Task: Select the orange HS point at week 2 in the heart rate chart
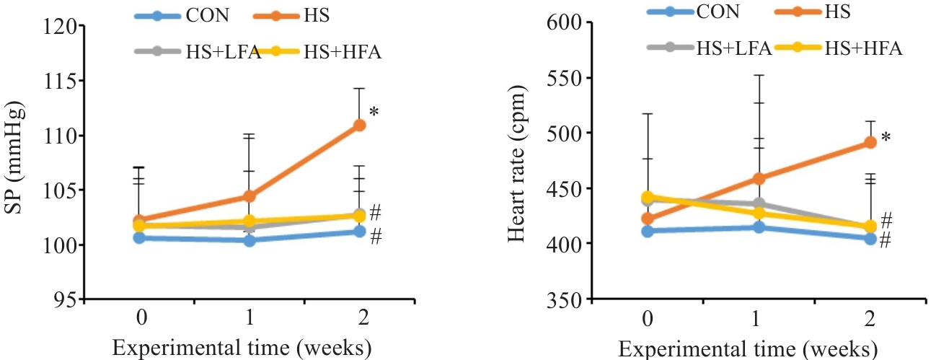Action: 870,142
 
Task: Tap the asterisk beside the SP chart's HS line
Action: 374,113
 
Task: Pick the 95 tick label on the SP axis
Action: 65,299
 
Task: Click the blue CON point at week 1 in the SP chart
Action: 250,240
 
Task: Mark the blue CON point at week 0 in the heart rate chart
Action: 648,231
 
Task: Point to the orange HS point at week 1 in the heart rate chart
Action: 759,178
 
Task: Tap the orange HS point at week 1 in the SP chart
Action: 250,196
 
